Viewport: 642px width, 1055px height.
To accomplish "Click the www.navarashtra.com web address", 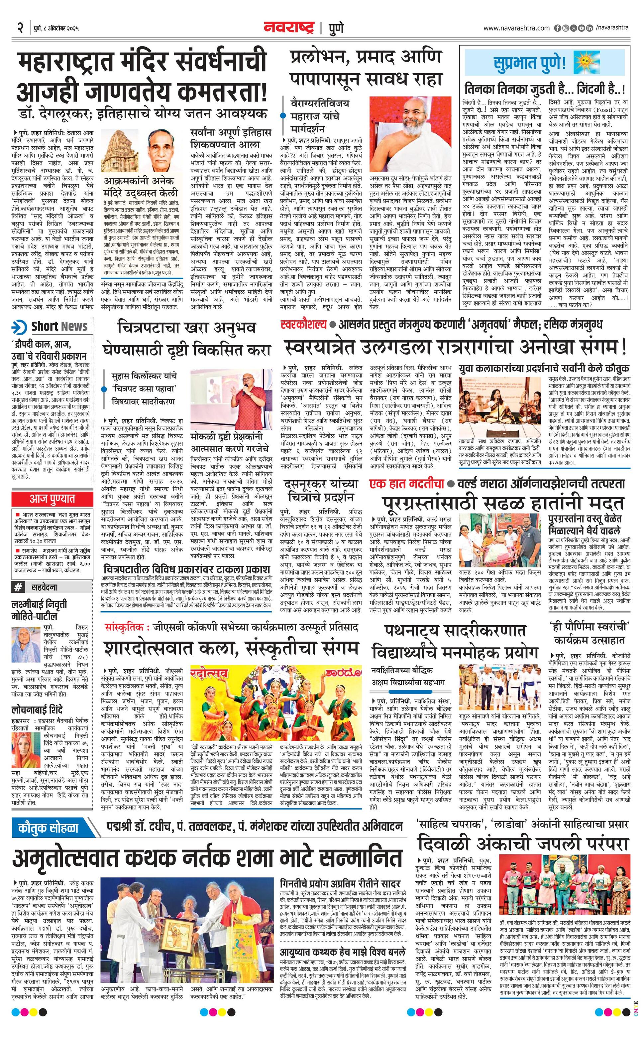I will [516, 28].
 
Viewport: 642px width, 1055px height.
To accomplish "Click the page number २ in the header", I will [20, 28].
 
